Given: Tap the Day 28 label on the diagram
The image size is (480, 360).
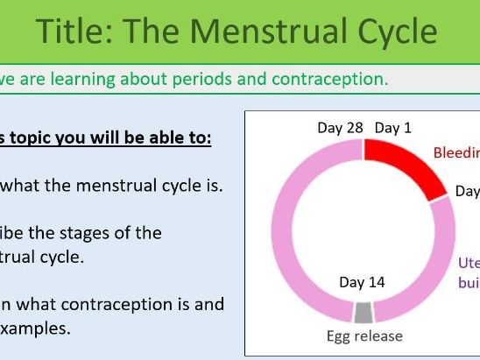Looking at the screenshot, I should click(x=340, y=128).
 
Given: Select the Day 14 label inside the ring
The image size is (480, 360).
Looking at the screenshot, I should click(x=362, y=282).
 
